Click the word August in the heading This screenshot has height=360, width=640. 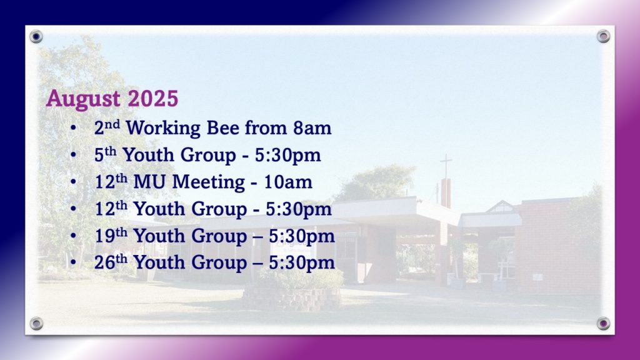pos(83,99)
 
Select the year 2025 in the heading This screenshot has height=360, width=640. pos(153,98)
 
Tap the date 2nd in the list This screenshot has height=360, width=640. pos(107,127)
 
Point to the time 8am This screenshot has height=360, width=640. pos(312,128)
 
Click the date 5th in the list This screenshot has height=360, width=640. pos(105,154)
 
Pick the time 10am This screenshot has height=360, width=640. pos(288,182)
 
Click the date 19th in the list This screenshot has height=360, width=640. pos(111,235)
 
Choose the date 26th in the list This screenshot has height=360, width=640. pos(111,262)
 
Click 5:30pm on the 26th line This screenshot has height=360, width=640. pos(302,263)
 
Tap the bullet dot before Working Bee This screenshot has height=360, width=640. pos(73,128)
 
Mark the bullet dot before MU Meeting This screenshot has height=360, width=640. pos(73,182)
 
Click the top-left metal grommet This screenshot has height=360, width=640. pos(36,37)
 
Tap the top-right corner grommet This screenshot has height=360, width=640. pos(603,36)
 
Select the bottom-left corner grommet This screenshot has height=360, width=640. pos(36,324)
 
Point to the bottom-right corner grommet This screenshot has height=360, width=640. pos(603,324)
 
